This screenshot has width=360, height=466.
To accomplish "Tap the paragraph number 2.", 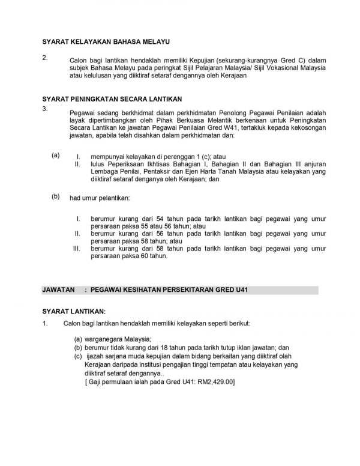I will (45, 58).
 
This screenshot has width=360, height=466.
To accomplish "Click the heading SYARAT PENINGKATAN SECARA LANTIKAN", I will (112, 98).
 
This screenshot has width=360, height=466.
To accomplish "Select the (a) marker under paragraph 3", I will (56, 155).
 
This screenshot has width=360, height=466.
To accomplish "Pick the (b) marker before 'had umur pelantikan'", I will (56, 196).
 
